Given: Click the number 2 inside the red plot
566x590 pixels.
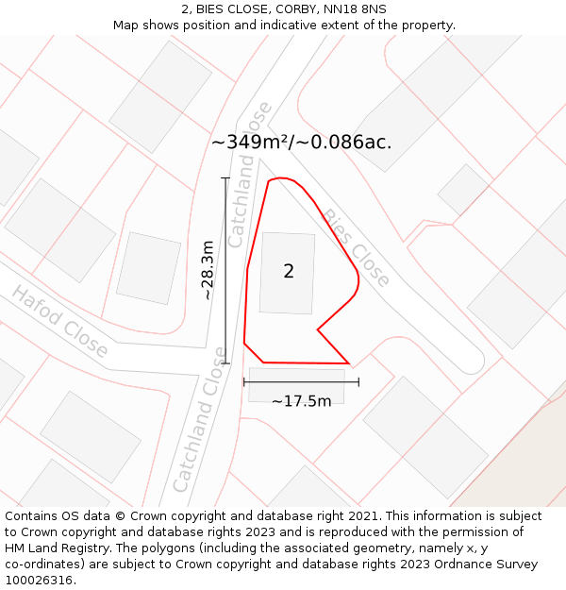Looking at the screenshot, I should click(x=289, y=272).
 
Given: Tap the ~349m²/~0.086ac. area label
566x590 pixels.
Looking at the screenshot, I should click(x=301, y=143).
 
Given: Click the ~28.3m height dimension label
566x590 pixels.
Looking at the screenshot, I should click(x=208, y=270).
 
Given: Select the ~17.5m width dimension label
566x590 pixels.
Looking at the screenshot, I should click(x=301, y=401).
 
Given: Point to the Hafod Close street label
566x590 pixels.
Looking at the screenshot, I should click(x=59, y=321).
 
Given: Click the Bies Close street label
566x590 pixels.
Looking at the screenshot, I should click(x=356, y=248).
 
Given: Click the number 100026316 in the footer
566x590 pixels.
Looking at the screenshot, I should click(x=39, y=581).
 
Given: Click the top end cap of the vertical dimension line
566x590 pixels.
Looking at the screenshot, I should click(x=225, y=177).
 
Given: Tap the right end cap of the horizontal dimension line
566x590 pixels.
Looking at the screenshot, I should click(x=358, y=382).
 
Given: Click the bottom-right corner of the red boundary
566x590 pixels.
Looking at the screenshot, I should click(x=349, y=363).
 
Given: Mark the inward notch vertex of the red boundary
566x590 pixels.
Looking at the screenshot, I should click(x=318, y=329).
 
